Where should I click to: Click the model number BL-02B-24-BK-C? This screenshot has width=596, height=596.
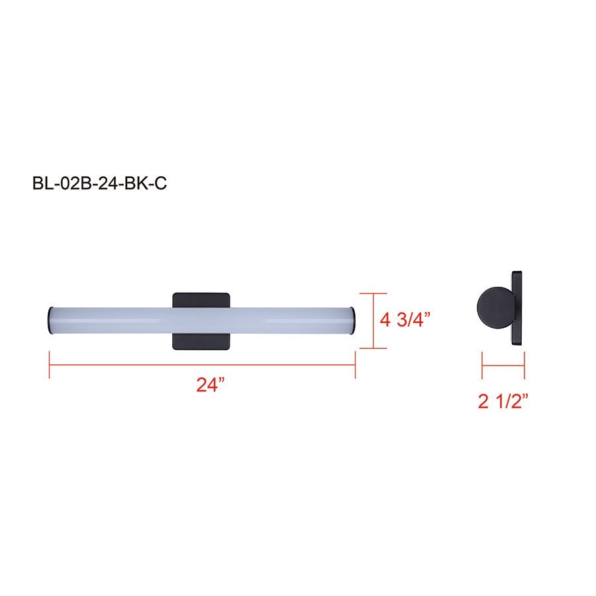tap(99, 183)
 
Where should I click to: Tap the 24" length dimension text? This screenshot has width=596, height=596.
tap(211, 385)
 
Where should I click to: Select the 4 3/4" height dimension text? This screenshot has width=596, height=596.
tap(405, 320)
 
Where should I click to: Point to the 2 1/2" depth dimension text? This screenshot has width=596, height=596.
tap(503, 401)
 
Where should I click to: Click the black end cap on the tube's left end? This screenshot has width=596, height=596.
tap(49, 319)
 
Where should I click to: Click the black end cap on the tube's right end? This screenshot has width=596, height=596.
tap(355, 319)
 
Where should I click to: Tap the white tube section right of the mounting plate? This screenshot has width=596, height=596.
tap(291, 319)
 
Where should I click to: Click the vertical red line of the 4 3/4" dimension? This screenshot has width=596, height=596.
tap(374, 321)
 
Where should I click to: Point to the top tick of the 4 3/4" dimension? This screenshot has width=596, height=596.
tap(374, 293)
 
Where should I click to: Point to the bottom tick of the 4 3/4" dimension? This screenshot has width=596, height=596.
tap(374, 348)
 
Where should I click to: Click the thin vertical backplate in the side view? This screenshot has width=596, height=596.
tap(518, 308)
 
